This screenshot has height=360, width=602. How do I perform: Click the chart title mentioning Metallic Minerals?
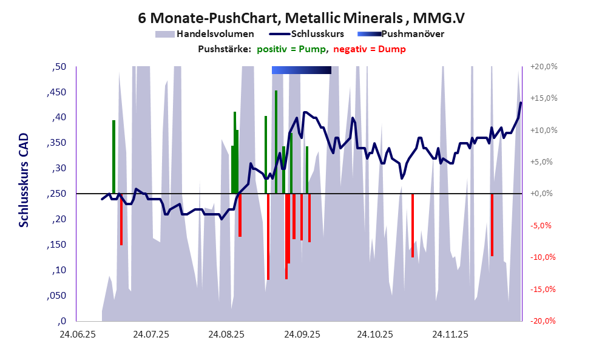(x=301, y=18)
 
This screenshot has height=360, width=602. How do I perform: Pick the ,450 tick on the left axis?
(x=58, y=92)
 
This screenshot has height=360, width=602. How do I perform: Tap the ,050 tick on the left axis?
(x=58, y=296)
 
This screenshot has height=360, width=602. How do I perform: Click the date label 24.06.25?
(x=76, y=334)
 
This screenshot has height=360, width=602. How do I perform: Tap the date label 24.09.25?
(x=302, y=334)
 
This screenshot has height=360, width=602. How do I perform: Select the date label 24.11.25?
(x=450, y=334)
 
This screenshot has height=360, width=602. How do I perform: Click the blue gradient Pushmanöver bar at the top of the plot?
(x=302, y=70)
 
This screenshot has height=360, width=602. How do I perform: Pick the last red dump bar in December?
(x=492, y=225)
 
